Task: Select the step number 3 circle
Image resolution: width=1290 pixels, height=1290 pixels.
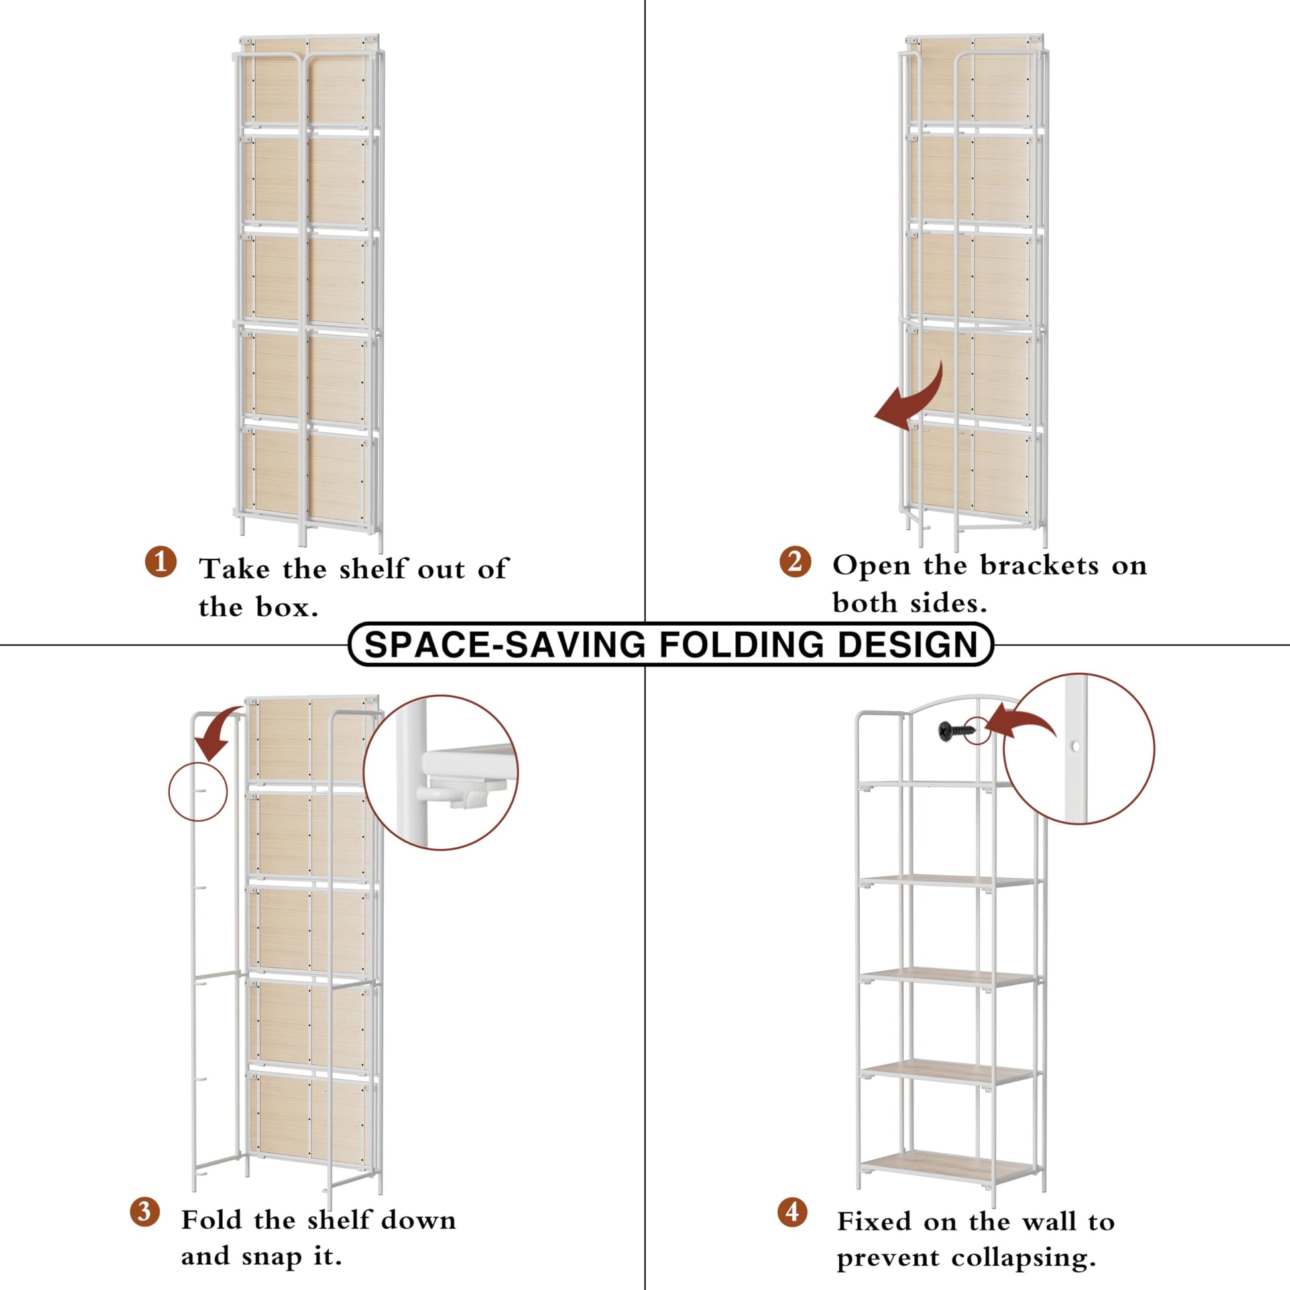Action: point(145,1211)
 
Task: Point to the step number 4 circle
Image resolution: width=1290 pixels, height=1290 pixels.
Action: point(793,1211)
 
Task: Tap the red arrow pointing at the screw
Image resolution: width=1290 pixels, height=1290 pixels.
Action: point(1020,723)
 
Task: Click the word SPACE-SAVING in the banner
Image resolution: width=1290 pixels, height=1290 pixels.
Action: point(505,645)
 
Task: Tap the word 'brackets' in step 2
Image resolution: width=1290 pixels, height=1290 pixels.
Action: point(1039,565)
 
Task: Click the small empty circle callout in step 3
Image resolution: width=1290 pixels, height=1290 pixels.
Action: point(198,792)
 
